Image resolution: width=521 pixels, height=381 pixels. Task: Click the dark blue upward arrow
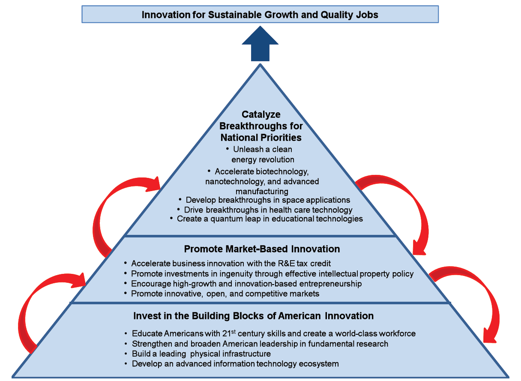[x=260, y=44]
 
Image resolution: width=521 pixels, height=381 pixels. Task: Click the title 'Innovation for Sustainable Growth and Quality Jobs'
[x=260, y=15]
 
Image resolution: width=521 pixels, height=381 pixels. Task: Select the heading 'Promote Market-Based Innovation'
[x=262, y=249]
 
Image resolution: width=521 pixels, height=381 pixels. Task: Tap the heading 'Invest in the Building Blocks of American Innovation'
[x=253, y=316]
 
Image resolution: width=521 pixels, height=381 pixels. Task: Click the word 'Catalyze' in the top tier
[x=261, y=114]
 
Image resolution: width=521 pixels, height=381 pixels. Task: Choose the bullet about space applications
[x=268, y=200]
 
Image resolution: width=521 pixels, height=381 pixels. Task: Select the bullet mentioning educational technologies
[x=270, y=219]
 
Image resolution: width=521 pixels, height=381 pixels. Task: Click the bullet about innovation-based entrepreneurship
[x=246, y=284]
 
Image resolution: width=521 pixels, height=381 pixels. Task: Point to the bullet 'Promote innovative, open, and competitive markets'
[x=225, y=294]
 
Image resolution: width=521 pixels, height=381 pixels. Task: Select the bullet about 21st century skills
[x=273, y=333]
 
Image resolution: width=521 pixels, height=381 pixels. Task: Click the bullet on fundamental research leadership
[x=260, y=344]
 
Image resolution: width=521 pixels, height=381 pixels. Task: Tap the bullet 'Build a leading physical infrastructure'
[x=201, y=354]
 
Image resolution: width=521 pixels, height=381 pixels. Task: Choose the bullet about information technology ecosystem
[x=235, y=364]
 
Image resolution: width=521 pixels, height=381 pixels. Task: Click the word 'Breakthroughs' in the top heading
[x=261, y=126]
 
